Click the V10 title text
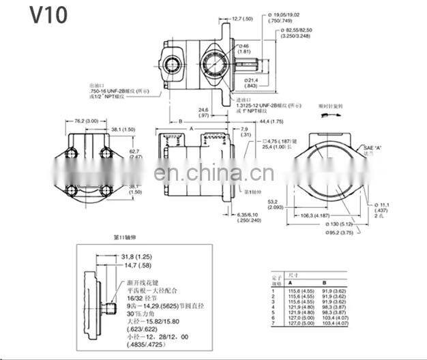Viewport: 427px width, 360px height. (40, 14)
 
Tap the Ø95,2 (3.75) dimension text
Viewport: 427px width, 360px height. (338, 233)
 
